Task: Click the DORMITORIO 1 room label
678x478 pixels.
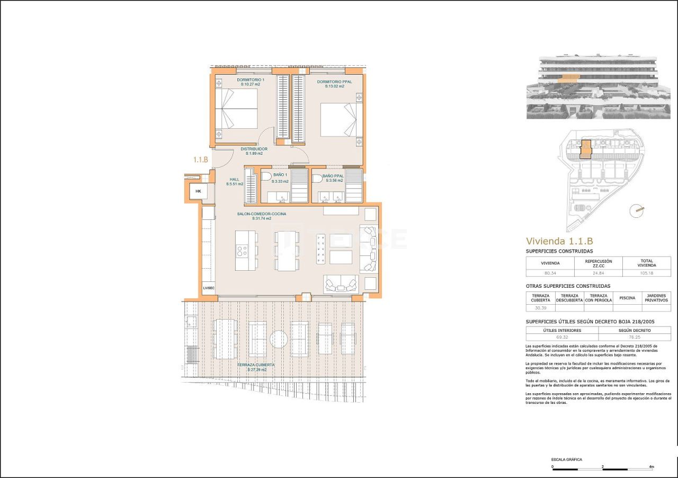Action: pos(236,79)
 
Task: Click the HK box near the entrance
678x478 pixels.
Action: pos(198,191)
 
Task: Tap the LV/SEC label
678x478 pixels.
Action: pos(209,288)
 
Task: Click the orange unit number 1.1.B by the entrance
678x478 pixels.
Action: pos(200,160)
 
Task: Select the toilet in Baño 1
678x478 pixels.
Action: pos(266,176)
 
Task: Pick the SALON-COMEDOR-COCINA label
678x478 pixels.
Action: pos(261,214)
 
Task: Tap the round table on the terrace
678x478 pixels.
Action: pos(279,339)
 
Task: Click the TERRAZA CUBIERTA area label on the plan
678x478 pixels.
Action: pos(255,365)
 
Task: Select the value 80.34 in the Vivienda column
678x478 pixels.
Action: pos(550,273)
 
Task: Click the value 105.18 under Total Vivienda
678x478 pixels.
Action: pos(647,273)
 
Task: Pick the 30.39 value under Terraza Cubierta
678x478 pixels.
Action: pos(540,308)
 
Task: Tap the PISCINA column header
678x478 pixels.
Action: pos(627,298)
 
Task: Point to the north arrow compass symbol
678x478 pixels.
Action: pos(636,210)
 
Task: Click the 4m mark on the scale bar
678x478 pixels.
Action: pos(652,467)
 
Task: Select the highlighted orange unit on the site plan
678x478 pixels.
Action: pos(585,149)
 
